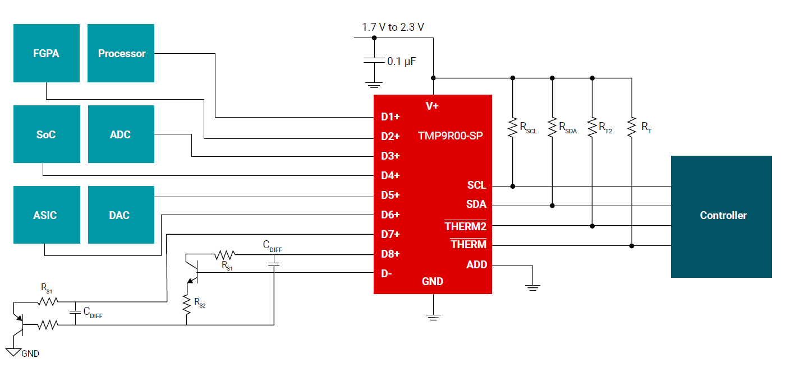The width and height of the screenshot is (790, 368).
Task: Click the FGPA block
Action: pyautogui.click(x=46, y=54)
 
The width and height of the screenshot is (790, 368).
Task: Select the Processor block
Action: pyautogui.click(x=121, y=54)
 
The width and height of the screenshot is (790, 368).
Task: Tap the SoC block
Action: pyautogui.click(x=46, y=134)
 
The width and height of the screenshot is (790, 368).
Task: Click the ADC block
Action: pyautogui.click(x=121, y=134)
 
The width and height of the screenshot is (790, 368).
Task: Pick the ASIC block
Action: pyautogui.click(x=45, y=215)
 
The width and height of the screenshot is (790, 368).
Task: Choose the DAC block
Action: pyautogui.click(x=120, y=215)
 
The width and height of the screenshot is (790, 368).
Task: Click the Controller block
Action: pyautogui.click(x=723, y=216)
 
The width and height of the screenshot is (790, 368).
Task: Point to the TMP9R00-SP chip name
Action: pyautogui.click(x=451, y=136)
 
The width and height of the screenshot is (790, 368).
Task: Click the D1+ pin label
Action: pyautogui.click(x=391, y=117)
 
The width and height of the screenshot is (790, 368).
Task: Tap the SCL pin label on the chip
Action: pyautogui.click(x=476, y=185)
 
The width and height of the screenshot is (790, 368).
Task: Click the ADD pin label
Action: pyautogui.click(x=477, y=264)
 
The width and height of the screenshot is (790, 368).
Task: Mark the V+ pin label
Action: pyautogui.click(x=432, y=106)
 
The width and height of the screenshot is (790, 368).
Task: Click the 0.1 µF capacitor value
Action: pyautogui.click(x=402, y=62)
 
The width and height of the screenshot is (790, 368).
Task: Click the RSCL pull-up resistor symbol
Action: pyautogui.click(x=512, y=128)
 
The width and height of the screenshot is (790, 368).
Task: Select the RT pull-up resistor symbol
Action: pyautogui.click(x=632, y=127)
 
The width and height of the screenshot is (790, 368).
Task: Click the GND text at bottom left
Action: pyautogui.click(x=30, y=353)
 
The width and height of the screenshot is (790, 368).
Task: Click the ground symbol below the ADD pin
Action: pyautogui.click(x=532, y=287)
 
